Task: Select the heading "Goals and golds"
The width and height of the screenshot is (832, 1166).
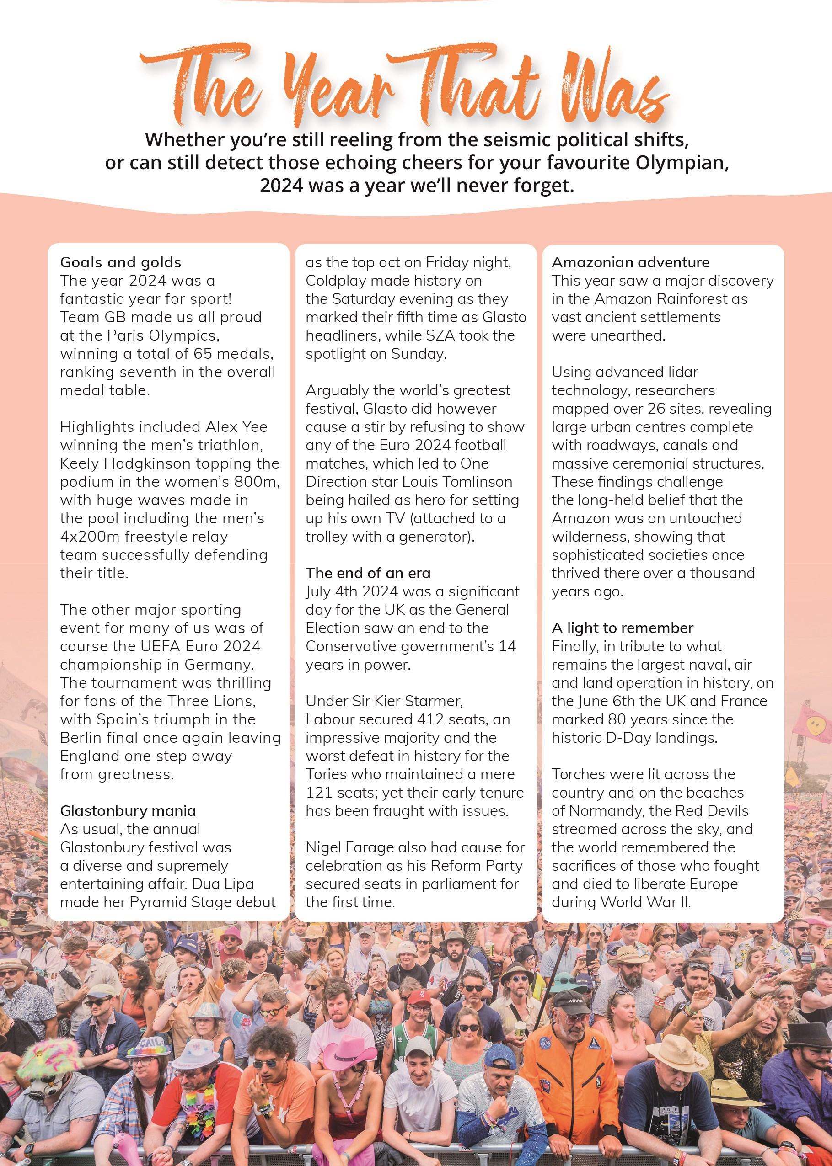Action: [120, 262]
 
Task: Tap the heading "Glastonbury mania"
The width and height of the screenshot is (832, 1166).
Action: [128, 811]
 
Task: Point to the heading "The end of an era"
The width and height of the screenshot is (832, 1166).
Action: [368, 573]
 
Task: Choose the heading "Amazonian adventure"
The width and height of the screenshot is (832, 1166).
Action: [630, 262]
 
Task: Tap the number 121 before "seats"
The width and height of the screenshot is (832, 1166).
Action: [318, 793]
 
